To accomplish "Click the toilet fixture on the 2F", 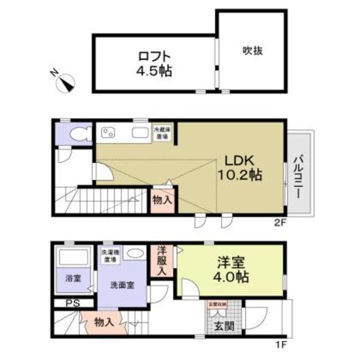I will click(79, 134).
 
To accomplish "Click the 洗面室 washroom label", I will click(123, 285).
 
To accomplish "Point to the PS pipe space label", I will click(70, 304).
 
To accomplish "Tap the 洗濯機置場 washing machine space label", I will click(109, 256).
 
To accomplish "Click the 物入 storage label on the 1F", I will click(103, 323).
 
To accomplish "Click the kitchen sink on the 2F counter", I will click(140, 133).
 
